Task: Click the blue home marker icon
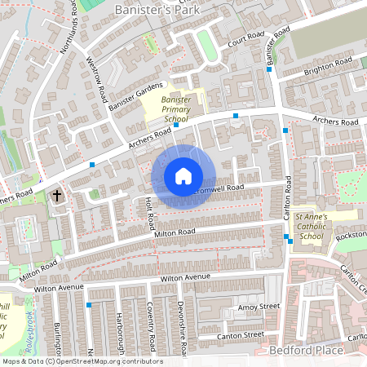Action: click(183, 176)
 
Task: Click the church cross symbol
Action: click(57, 196)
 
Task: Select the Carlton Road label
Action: click(288, 199)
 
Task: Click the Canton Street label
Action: click(241, 334)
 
